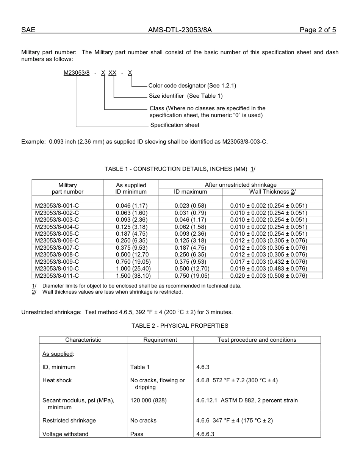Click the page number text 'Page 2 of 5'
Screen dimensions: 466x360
pos(318,30)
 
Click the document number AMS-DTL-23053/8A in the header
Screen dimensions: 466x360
pos(180,30)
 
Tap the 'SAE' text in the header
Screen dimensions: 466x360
pos(28,30)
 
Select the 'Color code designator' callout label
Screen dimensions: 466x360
pos(192,86)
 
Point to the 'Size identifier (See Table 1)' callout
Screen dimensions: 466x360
pos(186,96)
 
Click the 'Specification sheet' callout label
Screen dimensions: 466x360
pos(175,125)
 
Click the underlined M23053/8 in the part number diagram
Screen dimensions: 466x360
pos(77,72)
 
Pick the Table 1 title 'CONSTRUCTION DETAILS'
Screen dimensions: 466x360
pos(182,169)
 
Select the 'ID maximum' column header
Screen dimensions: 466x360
pos(190,192)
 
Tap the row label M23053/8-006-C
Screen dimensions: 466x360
pos(57,241)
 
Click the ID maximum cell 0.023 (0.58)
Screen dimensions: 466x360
pos(190,206)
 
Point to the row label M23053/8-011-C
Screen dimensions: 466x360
pos(57,276)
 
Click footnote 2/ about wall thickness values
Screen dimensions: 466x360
pos(112,292)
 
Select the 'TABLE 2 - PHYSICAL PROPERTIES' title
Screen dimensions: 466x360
pos(180,326)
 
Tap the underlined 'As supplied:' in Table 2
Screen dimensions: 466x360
pos(58,354)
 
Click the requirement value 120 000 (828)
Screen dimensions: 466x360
pos(148,400)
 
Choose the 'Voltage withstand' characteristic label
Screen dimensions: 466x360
pos(65,434)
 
